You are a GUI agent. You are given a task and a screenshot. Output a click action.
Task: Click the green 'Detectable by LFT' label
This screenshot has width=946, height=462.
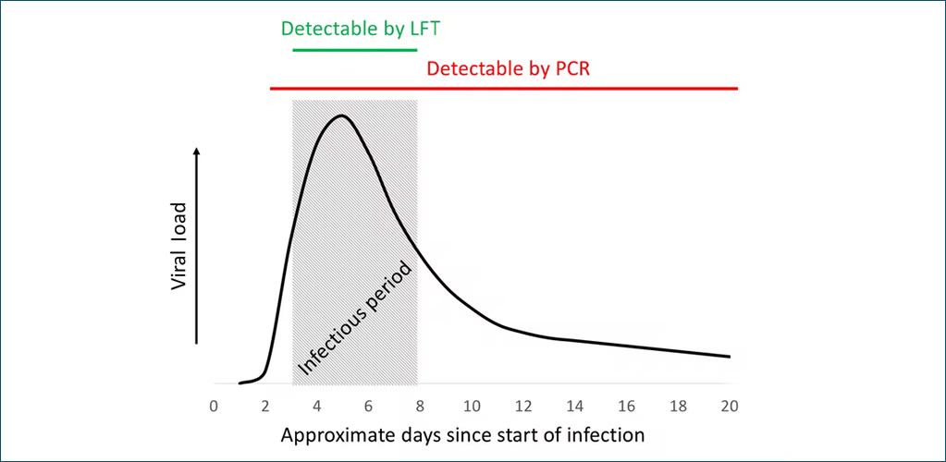coord(360,28)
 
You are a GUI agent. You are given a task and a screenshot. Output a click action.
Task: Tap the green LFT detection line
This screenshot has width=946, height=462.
coord(355,47)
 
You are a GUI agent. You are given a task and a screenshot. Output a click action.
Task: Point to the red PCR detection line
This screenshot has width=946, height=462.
coord(504,89)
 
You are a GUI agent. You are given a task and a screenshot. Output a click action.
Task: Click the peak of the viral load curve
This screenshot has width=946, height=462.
coord(341,116)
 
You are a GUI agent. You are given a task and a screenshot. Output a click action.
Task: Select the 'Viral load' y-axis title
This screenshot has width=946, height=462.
coord(179,246)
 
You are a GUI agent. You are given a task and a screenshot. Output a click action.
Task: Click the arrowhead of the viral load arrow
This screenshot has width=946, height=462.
coord(196,151)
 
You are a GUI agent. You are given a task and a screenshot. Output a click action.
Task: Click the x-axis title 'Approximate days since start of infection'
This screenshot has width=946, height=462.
coord(462,433)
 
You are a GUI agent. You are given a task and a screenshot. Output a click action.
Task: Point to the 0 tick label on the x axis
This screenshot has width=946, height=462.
coord(214,406)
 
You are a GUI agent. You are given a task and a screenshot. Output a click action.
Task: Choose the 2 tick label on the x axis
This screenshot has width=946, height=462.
coord(265,406)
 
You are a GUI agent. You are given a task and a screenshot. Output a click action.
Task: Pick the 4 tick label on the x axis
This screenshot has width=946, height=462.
coord(317,406)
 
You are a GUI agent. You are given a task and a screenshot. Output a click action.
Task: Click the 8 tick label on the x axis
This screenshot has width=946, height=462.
coord(420,406)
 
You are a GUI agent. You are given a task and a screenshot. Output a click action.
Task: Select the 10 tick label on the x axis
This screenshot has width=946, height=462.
coord(472,406)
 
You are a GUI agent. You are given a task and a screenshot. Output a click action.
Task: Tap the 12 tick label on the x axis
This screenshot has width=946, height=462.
coord(523,406)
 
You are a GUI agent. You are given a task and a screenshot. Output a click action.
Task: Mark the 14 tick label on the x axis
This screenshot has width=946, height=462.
coord(574,406)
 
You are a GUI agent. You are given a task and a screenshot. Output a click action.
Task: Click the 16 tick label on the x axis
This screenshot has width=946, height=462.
coord(626,406)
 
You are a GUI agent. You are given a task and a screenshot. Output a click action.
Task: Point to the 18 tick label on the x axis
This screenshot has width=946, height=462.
coord(678,406)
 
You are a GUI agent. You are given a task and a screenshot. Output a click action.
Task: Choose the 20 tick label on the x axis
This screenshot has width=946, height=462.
coord(729,406)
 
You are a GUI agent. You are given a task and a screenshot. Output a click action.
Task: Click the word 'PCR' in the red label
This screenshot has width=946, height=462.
coord(570,68)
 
